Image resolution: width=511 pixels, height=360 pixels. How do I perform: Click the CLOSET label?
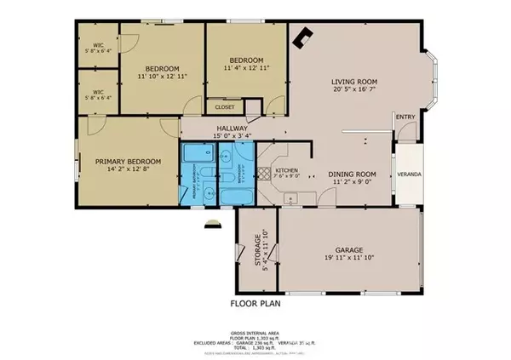click(225, 107)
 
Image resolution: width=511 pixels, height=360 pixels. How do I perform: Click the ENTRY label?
click(405, 118)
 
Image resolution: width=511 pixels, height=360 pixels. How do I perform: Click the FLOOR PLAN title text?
click(255, 303)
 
